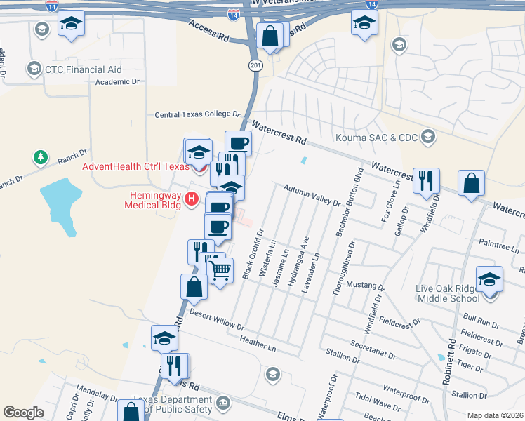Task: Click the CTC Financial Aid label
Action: click(84, 69)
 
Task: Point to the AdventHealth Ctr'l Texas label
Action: click(135, 166)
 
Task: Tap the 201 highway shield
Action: click(253, 65)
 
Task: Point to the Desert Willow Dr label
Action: click(216, 321)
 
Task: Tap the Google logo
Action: click(23, 413)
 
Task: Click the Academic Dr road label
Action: click(117, 82)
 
